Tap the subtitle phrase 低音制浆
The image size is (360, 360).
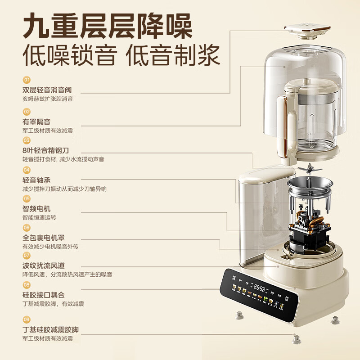(x=173, y=56)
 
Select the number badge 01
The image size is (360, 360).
(x=27, y=80)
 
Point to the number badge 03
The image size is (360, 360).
(x=27, y=140)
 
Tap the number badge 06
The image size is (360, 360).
(x=27, y=228)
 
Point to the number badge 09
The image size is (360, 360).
(x=27, y=319)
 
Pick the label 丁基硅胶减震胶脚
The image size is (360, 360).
(x=54, y=329)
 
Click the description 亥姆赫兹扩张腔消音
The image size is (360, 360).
(x=48, y=99)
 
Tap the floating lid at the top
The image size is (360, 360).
(x=307, y=31)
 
